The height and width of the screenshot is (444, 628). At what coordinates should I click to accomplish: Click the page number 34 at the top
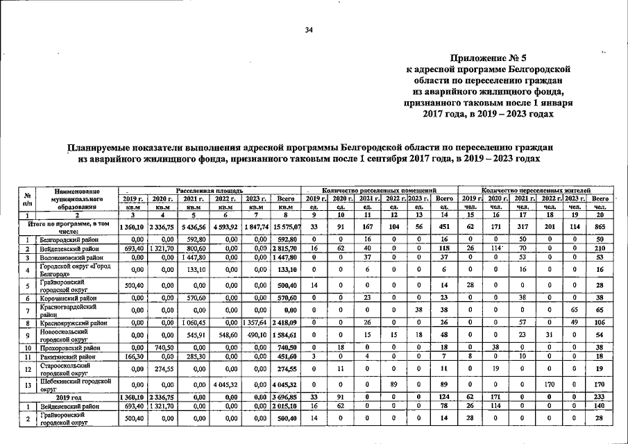pos(309,30)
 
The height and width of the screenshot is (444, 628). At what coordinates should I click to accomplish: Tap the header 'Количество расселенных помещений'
pos(379,189)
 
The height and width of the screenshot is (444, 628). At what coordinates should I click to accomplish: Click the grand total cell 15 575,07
pos(287,227)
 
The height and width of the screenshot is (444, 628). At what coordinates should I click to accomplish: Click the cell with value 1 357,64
pos(255,323)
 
